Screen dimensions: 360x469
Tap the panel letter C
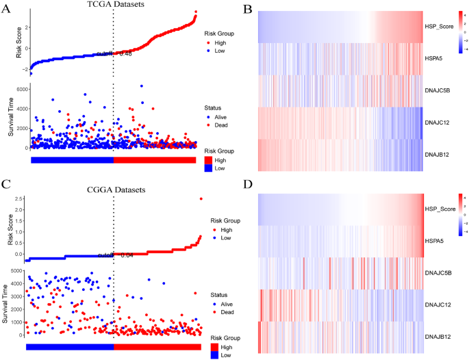[6, 185]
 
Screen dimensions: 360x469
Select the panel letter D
[248, 185]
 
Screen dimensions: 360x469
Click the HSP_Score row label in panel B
[441, 27]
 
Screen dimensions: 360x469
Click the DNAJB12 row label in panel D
[440, 336]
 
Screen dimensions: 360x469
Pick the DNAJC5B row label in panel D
[440, 272]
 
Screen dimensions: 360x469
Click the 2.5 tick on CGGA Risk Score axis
[20, 199]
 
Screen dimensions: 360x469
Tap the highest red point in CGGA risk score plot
[201, 199]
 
